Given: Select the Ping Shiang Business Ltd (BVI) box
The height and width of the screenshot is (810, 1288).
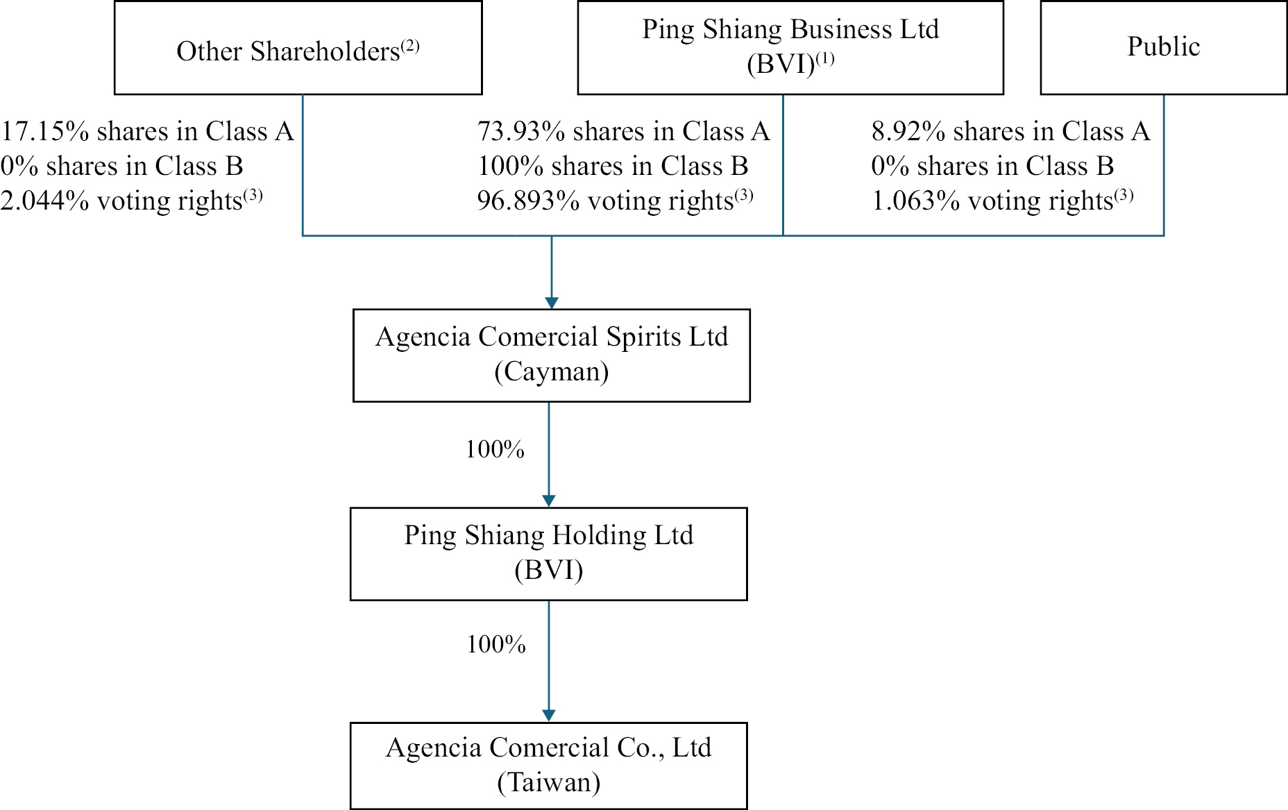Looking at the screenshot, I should click(x=790, y=47).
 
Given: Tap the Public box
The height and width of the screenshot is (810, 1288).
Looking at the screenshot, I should click(x=1163, y=47).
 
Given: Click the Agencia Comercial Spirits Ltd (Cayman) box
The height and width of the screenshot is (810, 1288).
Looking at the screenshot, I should click(x=551, y=355).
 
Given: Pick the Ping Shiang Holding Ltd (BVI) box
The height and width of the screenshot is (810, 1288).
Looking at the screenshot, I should click(x=548, y=553).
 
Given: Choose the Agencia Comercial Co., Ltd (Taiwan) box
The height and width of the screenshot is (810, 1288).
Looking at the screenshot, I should click(x=548, y=765).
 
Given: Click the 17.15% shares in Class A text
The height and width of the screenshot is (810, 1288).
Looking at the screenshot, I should click(x=147, y=131).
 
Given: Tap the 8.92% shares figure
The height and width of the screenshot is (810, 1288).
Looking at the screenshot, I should click(x=908, y=131).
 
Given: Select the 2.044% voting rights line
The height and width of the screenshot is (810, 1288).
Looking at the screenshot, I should click(x=131, y=201).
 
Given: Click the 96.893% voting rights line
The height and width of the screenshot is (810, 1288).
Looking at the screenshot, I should click(x=615, y=201).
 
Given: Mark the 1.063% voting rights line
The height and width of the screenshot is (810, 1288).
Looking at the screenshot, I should click(x=1002, y=201).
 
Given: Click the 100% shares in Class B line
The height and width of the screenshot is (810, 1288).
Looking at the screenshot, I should click(x=613, y=166).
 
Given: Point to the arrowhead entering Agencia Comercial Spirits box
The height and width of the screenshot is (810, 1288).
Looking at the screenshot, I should click(x=552, y=303).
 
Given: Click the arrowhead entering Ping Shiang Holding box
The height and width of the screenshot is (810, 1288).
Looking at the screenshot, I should click(x=549, y=501).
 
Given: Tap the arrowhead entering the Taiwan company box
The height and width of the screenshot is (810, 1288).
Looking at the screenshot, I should click(x=549, y=716).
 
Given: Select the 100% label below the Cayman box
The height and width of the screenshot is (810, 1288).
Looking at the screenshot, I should click(x=495, y=450).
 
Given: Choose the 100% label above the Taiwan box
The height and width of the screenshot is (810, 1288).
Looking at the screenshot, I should click(x=496, y=645).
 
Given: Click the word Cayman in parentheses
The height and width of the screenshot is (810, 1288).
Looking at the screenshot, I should click(x=552, y=372).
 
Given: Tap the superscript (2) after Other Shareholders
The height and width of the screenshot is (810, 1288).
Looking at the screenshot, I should click(x=410, y=46).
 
